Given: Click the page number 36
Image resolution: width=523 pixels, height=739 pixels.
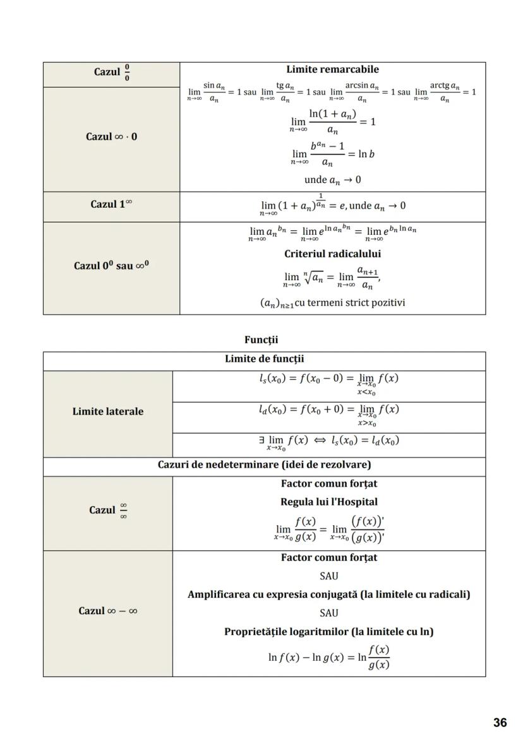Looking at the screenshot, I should [x=500, y=723].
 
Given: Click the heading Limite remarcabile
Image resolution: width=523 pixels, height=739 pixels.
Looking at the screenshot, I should [x=332, y=69].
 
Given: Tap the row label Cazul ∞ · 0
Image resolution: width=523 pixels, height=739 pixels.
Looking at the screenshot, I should [x=111, y=136].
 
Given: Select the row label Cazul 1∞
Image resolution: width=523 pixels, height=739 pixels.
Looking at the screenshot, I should [x=111, y=204].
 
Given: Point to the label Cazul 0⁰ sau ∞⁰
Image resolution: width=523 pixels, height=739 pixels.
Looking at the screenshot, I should [x=111, y=266].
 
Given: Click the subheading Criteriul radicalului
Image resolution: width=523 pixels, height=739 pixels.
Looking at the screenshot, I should [x=332, y=254].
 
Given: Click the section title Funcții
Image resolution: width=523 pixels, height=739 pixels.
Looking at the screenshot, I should [x=261, y=340].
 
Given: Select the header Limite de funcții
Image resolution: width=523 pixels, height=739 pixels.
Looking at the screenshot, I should [x=264, y=359].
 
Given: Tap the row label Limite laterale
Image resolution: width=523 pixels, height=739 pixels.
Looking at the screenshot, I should [x=108, y=411].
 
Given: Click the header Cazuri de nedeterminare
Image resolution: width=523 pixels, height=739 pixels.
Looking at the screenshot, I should [x=264, y=465].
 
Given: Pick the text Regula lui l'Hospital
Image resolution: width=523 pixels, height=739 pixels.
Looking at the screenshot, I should [x=328, y=502].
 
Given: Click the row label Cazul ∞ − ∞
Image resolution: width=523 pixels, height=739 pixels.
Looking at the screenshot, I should [x=108, y=611].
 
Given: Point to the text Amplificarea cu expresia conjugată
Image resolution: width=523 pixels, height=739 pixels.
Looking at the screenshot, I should [x=328, y=594].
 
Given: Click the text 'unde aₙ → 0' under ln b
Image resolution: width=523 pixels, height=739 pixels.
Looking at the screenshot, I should [x=332, y=180].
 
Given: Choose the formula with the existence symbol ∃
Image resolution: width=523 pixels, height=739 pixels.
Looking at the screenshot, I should [x=328, y=442].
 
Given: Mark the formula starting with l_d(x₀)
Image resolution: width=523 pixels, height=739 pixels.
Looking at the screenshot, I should [x=328, y=413].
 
